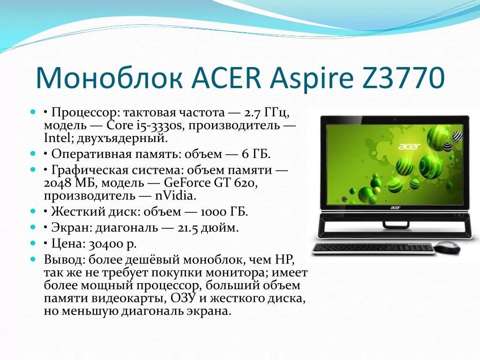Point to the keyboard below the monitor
coord(373,248)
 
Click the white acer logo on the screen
coord(409,146)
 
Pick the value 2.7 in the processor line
coord(253,113)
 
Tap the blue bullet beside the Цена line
coord(33,243)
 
